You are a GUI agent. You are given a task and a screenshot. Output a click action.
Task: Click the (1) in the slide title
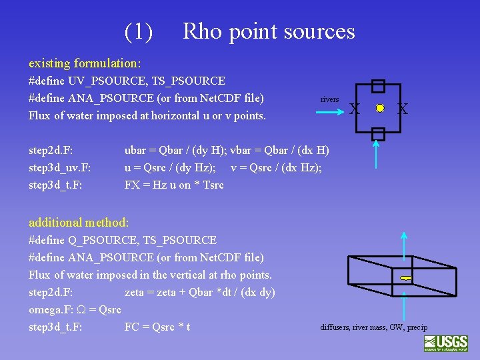pyautogui.click(x=139, y=31)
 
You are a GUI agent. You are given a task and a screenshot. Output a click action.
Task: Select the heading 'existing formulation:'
pyautogui.click(x=85, y=63)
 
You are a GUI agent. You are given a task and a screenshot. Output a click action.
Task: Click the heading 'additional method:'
pyautogui.click(x=79, y=223)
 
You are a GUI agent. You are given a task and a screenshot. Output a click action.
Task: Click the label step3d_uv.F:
pyautogui.click(x=60, y=168)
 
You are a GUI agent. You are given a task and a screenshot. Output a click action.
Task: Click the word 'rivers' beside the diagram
pyautogui.click(x=329, y=99)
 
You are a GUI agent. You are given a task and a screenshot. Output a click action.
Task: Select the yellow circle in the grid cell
pyautogui.click(x=380, y=108)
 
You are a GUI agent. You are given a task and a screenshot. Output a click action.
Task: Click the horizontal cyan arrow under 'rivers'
pyautogui.click(x=331, y=112)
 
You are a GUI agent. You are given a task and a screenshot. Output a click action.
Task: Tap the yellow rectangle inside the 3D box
pyautogui.click(x=405, y=277)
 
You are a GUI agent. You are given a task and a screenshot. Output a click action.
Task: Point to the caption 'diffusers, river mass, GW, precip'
pyautogui.click(x=373, y=327)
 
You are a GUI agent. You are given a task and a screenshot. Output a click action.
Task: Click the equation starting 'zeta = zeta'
pyautogui.click(x=199, y=292)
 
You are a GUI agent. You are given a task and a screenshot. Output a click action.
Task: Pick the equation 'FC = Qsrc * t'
pyautogui.click(x=157, y=327)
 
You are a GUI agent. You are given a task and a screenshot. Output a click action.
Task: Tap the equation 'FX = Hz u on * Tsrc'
pyautogui.click(x=174, y=185)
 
